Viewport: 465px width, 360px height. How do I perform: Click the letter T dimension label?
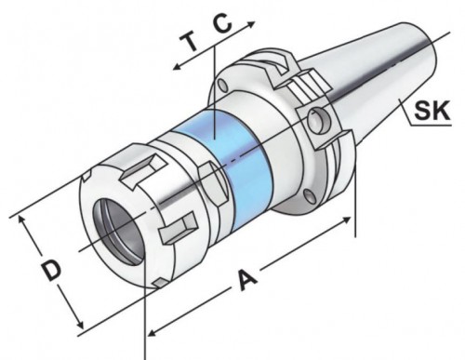190,42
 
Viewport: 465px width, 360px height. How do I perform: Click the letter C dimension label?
223,24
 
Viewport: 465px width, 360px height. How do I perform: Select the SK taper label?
432,111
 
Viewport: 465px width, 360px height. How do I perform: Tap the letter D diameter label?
52,271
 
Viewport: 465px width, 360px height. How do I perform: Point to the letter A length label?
246,280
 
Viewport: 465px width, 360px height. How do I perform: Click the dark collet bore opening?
119,232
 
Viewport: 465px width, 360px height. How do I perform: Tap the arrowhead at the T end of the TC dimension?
177,66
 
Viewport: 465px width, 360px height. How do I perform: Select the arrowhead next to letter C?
251,23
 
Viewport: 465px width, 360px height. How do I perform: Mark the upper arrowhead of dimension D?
21,219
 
